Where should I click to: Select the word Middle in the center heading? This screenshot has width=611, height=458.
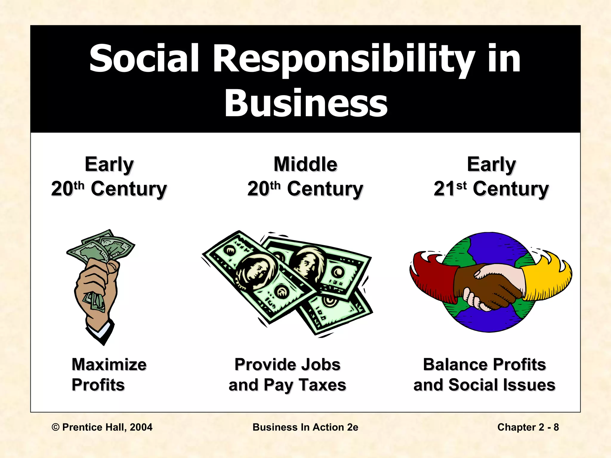click(x=305, y=164)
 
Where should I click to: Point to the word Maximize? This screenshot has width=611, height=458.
click(x=109, y=364)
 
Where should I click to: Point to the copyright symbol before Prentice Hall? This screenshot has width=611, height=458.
click(x=55, y=427)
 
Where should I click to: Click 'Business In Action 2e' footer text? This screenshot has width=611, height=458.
click(x=305, y=427)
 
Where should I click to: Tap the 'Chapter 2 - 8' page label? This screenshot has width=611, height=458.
click(x=528, y=427)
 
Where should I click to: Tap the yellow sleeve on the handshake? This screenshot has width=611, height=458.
click(x=546, y=280)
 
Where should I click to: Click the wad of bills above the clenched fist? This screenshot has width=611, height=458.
click(x=101, y=247)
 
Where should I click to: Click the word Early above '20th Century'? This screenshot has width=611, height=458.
click(x=109, y=164)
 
